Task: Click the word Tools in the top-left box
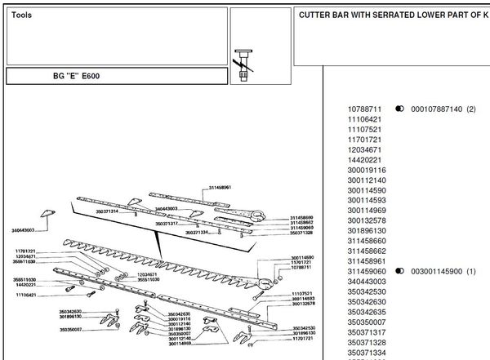[x=23, y=16]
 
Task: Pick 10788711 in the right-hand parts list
[x=365, y=109]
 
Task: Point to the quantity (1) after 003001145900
[x=470, y=271]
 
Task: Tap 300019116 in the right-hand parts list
[x=367, y=171]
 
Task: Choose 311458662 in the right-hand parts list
[x=367, y=251]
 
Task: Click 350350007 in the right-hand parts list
[x=367, y=322]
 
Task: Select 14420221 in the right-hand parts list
[x=365, y=160]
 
